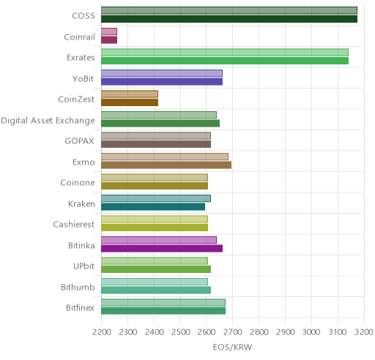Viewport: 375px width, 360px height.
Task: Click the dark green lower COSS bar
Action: click(x=229, y=19)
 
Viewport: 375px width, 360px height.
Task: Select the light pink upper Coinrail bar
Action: click(x=109, y=31)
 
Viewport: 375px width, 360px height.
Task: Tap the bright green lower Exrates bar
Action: click(x=225, y=61)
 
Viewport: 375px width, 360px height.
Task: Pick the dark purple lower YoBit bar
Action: click(x=162, y=82)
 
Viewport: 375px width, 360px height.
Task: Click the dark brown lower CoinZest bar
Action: click(x=130, y=102)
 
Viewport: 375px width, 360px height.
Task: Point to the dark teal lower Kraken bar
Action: click(x=153, y=207)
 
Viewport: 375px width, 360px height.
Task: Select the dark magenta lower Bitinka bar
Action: click(x=162, y=249)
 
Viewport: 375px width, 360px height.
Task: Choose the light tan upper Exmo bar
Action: click(x=165, y=157)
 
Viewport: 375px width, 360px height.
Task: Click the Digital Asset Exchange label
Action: click(x=48, y=121)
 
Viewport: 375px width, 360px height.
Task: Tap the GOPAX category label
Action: click(x=79, y=141)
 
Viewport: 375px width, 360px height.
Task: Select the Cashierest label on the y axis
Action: click(x=74, y=225)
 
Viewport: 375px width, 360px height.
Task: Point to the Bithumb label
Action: click(x=78, y=287)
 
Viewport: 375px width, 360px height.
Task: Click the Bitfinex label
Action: click(x=80, y=308)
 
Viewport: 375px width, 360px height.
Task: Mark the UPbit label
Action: click(x=83, y=266)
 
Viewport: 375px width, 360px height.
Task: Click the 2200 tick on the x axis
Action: click(x=102, y=332)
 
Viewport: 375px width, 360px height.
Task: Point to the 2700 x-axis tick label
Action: click(x=233, y=332)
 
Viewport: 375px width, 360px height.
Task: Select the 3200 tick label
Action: click(x=364, y=332)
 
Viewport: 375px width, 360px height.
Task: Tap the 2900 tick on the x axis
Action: click(x=286, y=332)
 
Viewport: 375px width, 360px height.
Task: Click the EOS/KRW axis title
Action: click(x=232, y=347)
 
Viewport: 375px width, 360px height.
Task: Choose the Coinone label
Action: click(x=78, y=183)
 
